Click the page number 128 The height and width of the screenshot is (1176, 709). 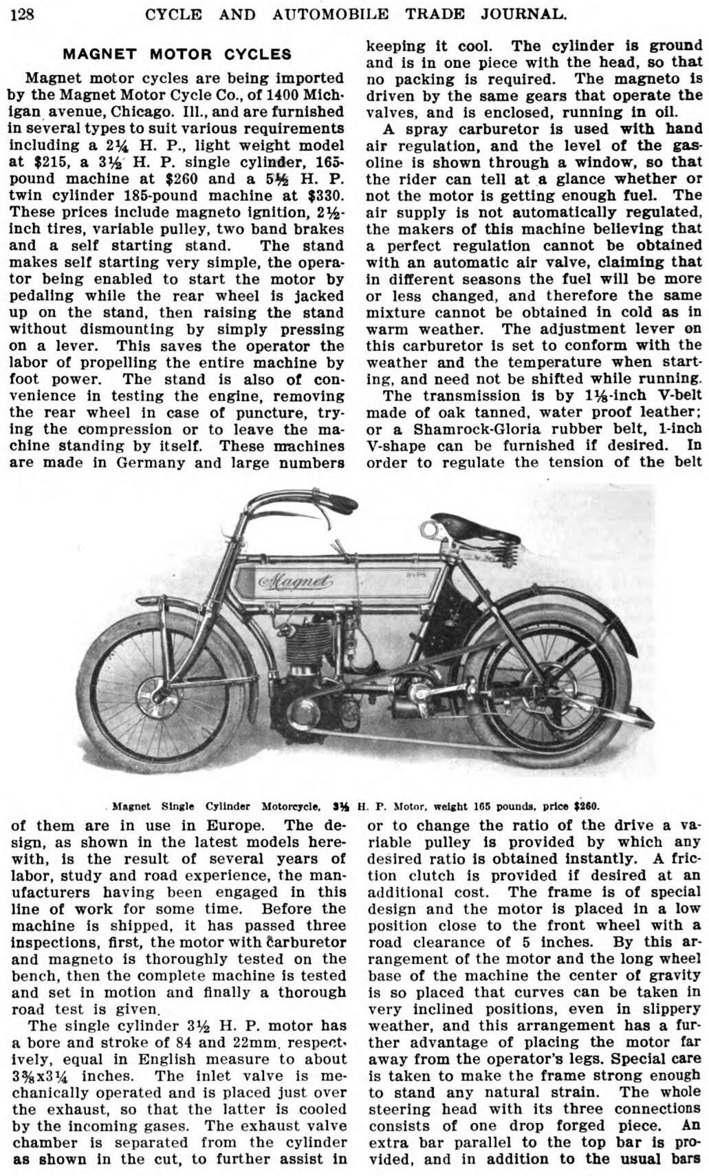coord(21,13)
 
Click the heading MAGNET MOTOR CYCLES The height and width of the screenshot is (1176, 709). coord(177,54)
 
